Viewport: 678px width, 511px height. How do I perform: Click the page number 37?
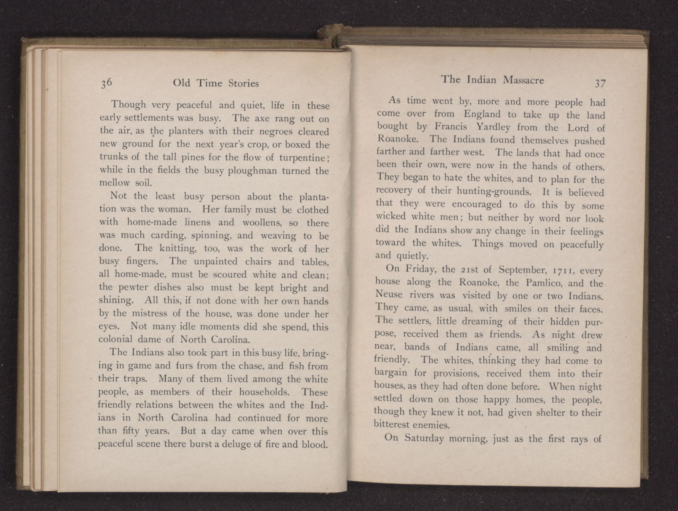[600, 83]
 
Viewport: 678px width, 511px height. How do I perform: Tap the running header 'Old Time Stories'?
[216, 83]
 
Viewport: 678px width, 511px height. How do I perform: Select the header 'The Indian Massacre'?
[492, 80]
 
